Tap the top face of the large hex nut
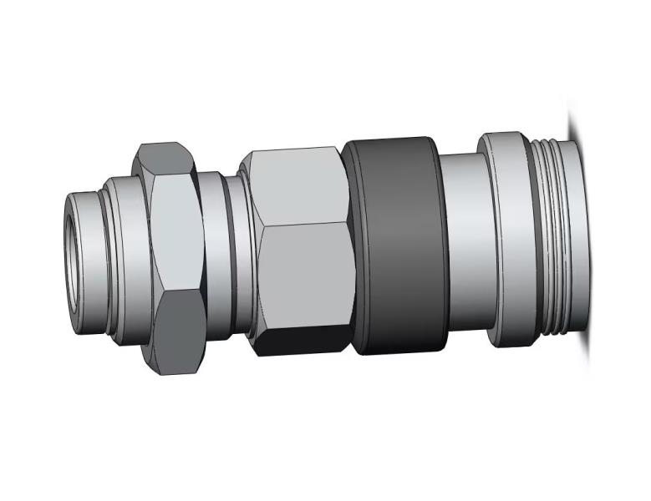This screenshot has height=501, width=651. coord(298,184)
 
